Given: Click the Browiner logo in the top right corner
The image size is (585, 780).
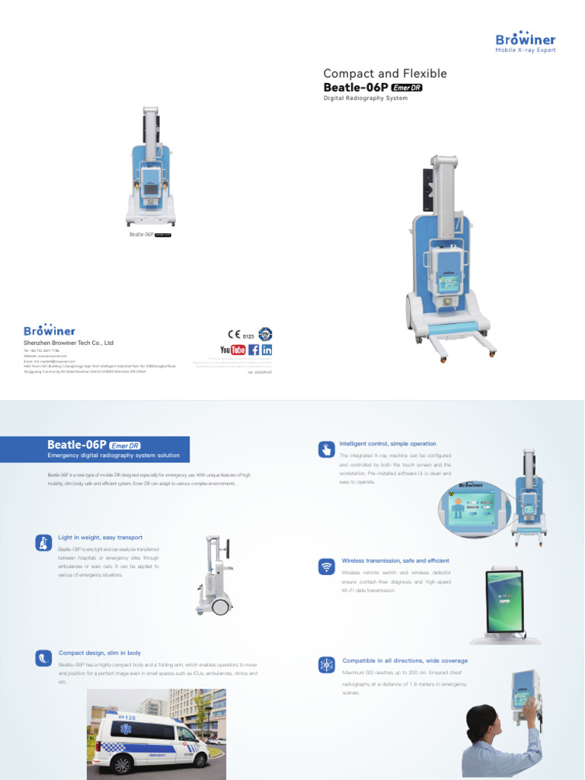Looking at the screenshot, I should [526, 41].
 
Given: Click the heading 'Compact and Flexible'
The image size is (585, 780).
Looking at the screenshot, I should [385, 74].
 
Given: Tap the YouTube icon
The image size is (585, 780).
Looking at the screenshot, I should [232, 350].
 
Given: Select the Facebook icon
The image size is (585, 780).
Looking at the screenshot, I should [254, 350].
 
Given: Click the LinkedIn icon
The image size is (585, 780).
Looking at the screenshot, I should [267, 350].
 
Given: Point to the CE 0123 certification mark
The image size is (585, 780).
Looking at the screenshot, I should [240, 334].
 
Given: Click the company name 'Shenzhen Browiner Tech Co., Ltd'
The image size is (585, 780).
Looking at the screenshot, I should [69, 344].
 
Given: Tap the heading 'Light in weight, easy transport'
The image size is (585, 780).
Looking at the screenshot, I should [100, 538].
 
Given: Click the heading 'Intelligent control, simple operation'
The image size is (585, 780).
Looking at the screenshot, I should [388, 443].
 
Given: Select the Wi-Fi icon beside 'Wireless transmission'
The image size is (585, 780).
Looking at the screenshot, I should [326, 566].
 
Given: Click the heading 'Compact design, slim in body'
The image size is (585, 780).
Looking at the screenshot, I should [99, 653].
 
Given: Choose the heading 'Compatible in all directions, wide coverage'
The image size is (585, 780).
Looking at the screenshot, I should [404, 660].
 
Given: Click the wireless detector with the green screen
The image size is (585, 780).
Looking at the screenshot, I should [505, 602].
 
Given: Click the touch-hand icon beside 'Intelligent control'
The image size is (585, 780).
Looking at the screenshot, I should [326, 449].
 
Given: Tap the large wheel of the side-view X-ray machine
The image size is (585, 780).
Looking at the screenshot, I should [221, 607].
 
